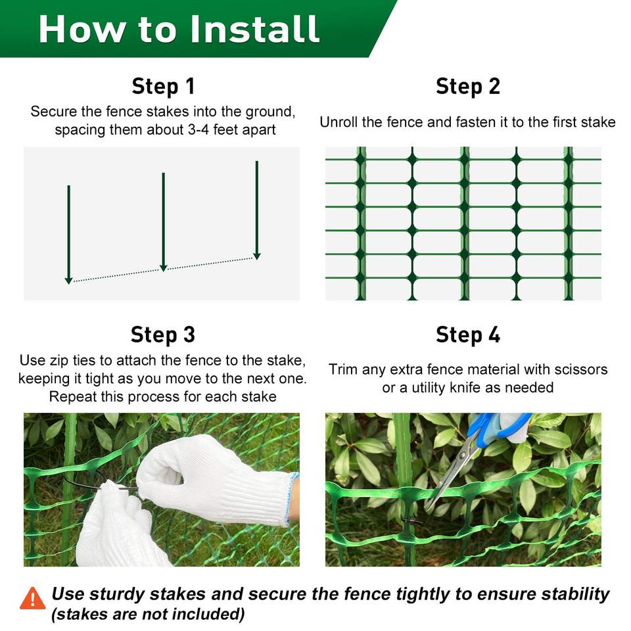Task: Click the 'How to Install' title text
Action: pyautogui.click(x=179, y=28)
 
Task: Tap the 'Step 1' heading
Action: pyautogui.click(x=163, y=87)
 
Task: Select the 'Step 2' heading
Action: pyautogui.click(x=467, y=87)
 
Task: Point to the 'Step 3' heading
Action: pyautogui.click(x=163, y=335)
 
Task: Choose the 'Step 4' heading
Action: pyautogui.click(x=467, y=335)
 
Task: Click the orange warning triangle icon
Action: pyautogui.click(x=33, y=598)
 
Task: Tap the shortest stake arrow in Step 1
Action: pyautogui.click(x=69, y=235)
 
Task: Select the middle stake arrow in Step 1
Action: pyautogui.click(x=164, y=222)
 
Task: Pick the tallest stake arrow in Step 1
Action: pyautogui.click(x=257, y=210)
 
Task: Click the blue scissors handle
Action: pyautogui.click(x=499, y=427)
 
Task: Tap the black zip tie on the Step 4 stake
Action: pyautogui.click(x=411, y=521)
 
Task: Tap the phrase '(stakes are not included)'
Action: pyautogui.click(x=148, y=614)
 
